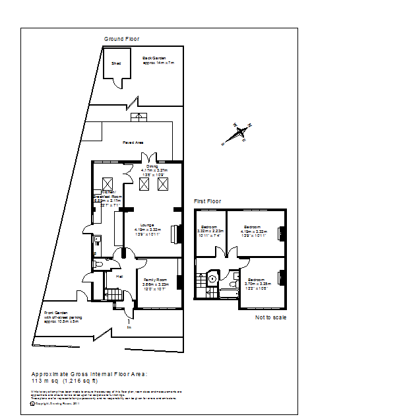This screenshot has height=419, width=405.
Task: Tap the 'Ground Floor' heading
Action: pos(122,39)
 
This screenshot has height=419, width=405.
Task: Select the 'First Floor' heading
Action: pos(208,201)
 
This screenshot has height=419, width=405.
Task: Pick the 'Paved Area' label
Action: pos(133,143)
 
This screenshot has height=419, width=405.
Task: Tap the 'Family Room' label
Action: pos(156,280)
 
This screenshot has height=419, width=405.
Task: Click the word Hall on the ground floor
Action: pos(119,276)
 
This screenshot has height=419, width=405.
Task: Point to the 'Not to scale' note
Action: pos(271,317)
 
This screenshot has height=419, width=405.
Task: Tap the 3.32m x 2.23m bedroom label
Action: pos(210,228)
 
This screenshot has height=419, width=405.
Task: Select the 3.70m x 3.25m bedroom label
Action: pos(259,280)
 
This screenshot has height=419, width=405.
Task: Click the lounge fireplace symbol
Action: pos(175,234)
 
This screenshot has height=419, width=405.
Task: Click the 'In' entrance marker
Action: pos(129,327)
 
